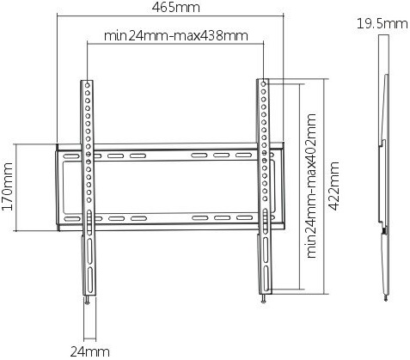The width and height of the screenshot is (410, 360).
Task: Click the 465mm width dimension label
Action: (175, 8)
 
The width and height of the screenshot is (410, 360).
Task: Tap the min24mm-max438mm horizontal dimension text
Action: (176, 36)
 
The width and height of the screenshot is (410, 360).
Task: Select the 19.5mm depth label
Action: (382, 23)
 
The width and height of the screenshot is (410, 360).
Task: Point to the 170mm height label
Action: (7, 186)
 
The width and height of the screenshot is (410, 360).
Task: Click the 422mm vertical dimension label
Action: (334, 186)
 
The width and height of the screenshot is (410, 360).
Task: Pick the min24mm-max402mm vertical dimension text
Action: (311, 186)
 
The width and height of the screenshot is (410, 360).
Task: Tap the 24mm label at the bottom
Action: (89, 351)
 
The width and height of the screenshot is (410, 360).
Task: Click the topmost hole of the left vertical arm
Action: (88, 85)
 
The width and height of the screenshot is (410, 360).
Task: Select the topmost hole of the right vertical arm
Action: (264, 83)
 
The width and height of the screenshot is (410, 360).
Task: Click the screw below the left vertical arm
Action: (88, 301)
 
